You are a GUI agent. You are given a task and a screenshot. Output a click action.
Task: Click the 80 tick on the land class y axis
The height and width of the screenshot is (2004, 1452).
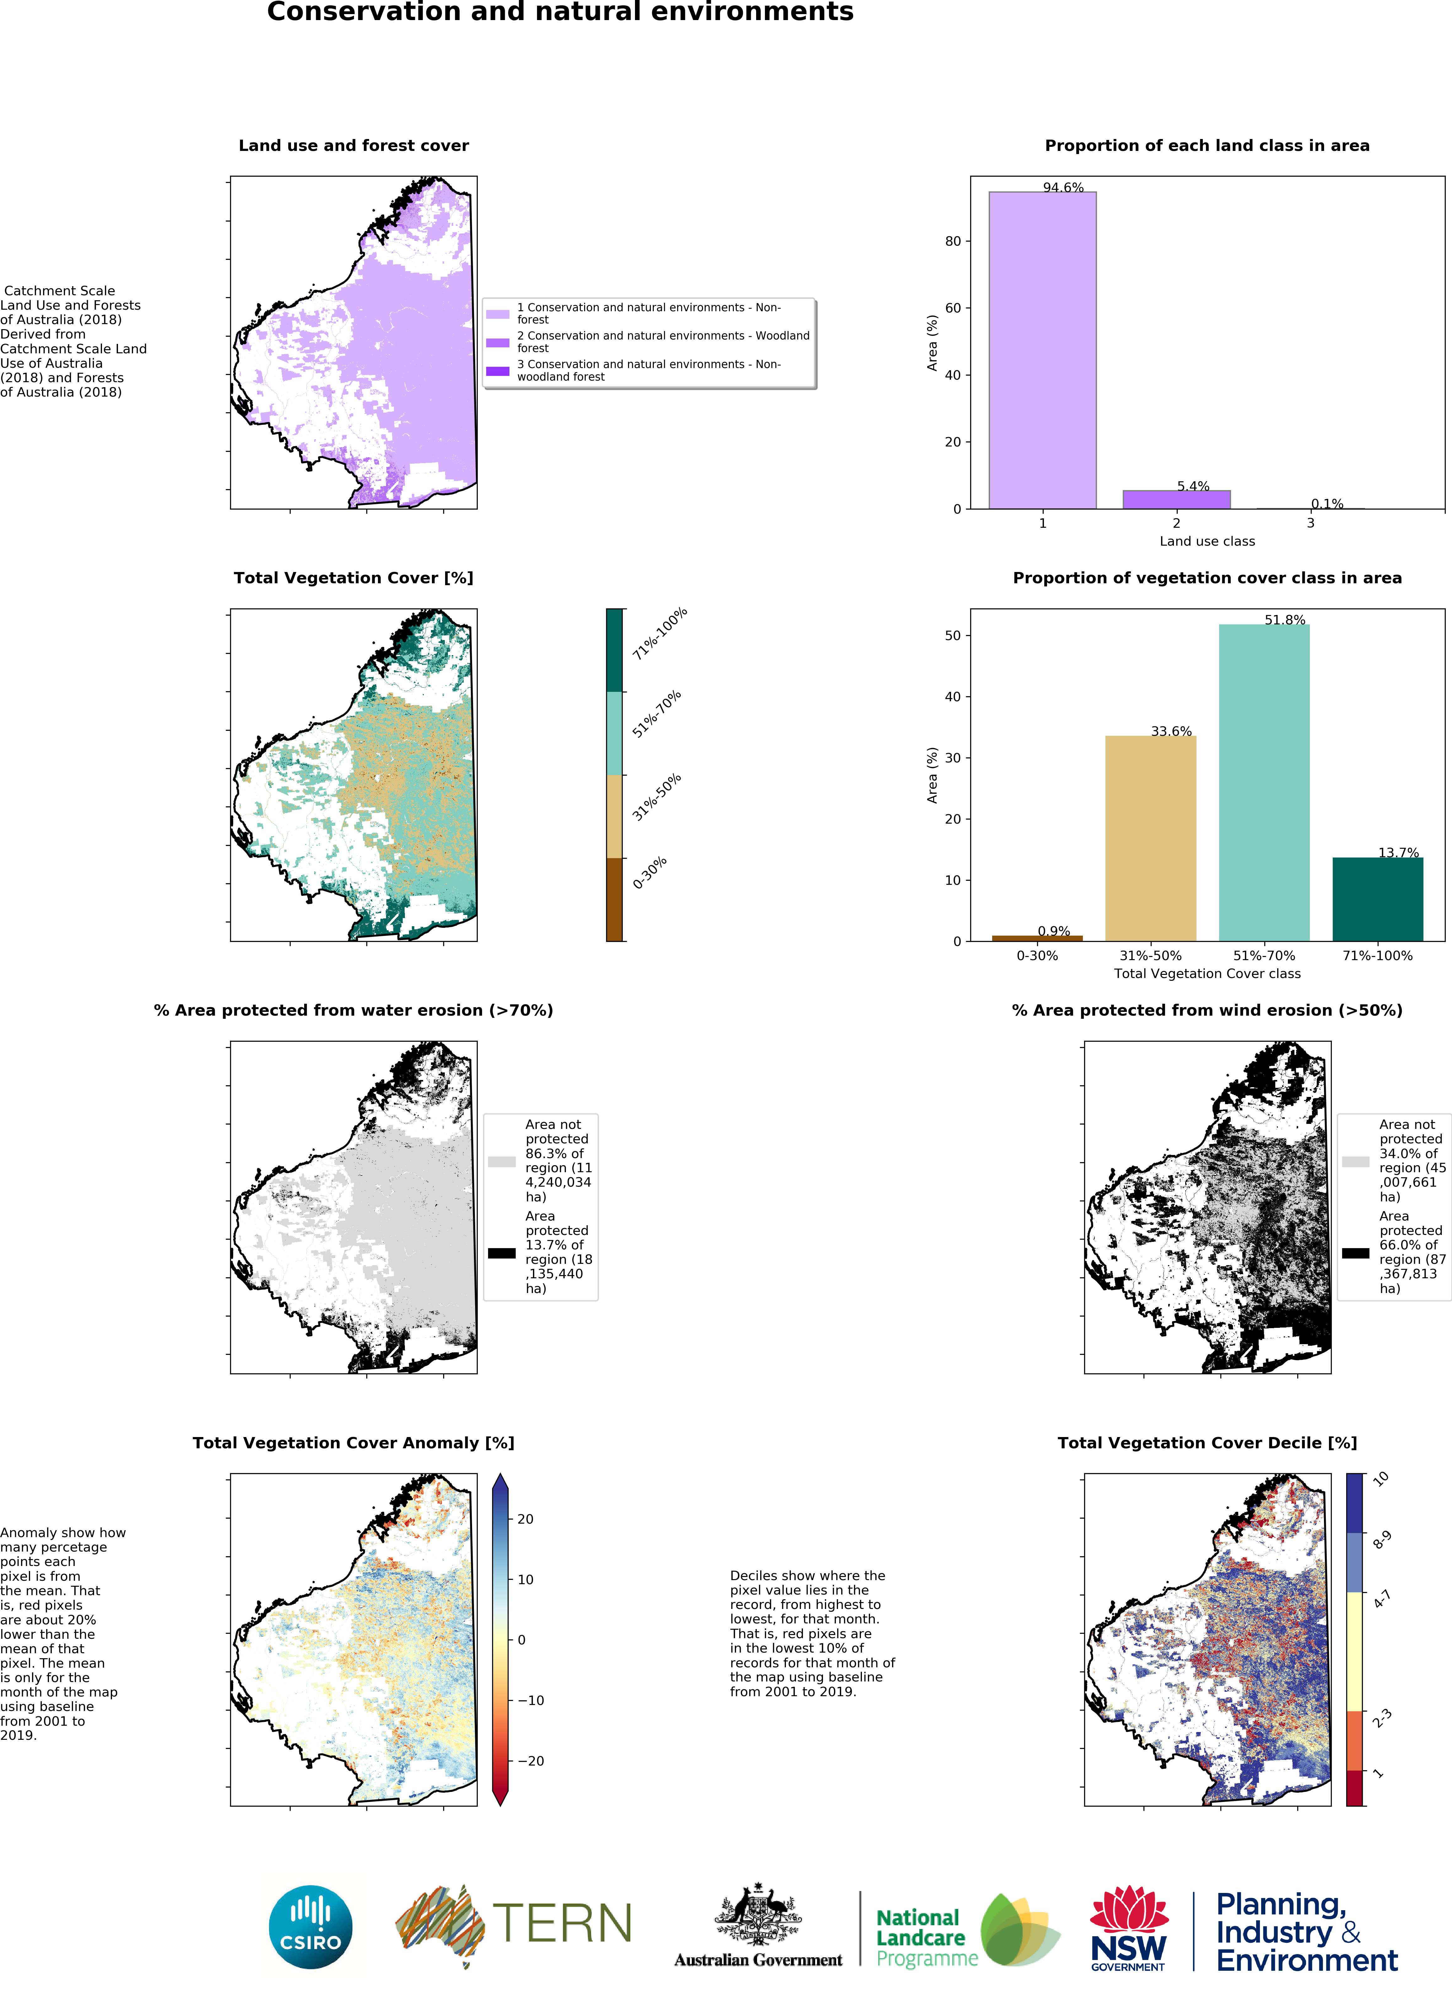pyautogui.click(x=953, y=241)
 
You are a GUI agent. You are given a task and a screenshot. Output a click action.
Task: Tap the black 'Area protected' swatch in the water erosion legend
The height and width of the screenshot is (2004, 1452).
pyautogui.click(x=502, y=1253)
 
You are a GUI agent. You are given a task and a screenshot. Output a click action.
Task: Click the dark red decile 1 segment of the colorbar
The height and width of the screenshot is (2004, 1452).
pyautogui.click(x=1354, y=1788)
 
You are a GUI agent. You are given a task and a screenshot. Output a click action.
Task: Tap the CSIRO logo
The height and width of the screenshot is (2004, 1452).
pyautogui.click(x=310, y=1927)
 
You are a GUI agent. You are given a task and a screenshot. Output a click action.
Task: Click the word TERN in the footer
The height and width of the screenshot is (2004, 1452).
pyautogui.click(x=562, y=1924)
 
